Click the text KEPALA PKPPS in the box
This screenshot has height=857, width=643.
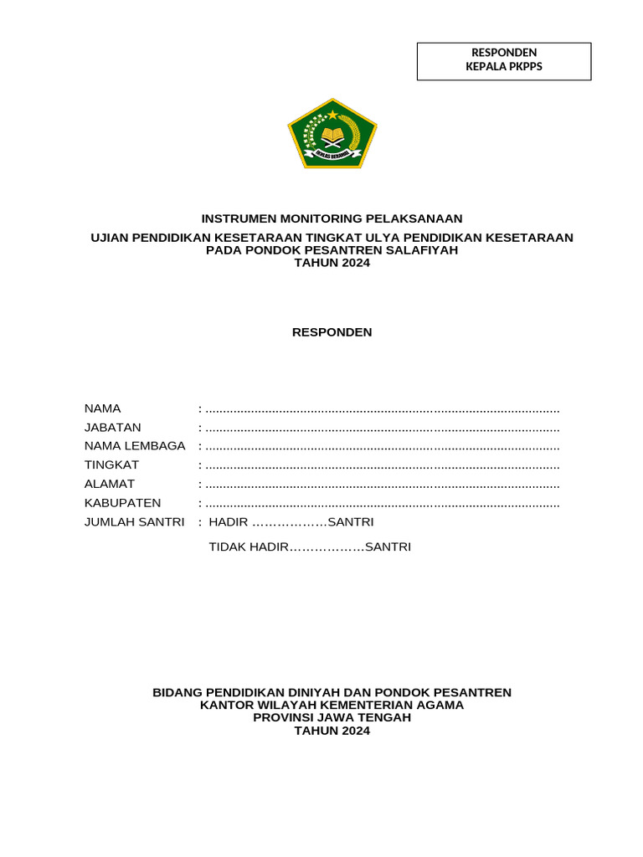[504, 67]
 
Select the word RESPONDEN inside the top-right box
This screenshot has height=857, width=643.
[504, 53]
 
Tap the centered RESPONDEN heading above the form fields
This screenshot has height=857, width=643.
[332, 332]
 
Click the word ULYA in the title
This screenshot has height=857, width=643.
[378, 238]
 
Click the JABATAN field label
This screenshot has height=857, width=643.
[111, 427]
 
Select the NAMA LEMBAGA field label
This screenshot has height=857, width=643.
[134, 446]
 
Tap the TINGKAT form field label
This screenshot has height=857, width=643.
[111, 464]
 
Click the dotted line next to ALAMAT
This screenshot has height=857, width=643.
[382, 485]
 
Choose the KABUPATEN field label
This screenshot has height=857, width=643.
[122, 503]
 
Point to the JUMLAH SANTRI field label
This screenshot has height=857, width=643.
[134, 522]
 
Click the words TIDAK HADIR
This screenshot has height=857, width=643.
[248, 547]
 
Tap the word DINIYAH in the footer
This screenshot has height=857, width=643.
[299, 693]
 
